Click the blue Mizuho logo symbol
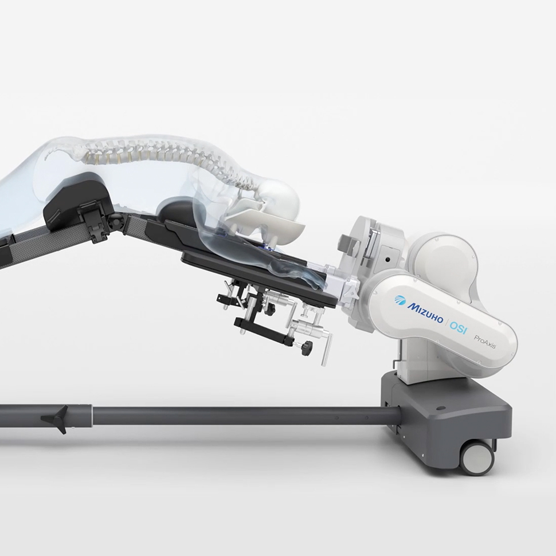click(x=400, y=300)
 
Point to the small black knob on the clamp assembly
click(x=308, y=347)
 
